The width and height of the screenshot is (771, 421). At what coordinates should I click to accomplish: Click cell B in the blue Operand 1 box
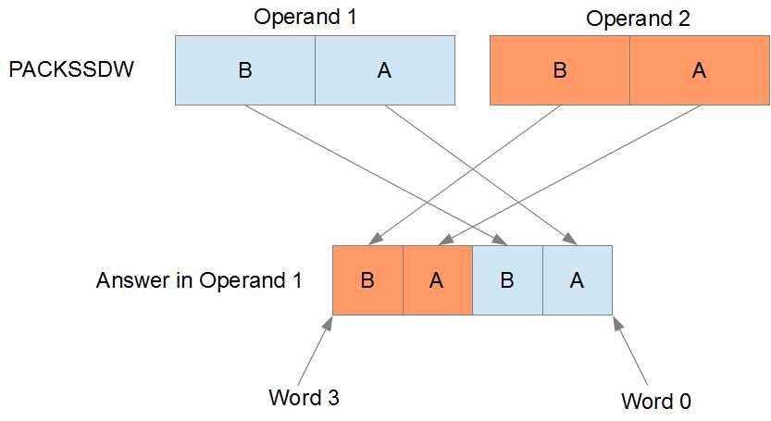245,70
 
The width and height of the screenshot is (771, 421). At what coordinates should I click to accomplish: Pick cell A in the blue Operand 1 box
384,70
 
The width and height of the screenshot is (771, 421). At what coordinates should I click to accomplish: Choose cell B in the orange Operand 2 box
559,70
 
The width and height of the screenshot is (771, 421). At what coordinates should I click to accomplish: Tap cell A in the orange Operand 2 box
699,70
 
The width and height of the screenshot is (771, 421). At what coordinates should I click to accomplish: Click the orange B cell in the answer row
367,280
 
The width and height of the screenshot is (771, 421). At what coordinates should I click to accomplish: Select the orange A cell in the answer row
437,280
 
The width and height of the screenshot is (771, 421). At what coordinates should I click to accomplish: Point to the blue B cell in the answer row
506,280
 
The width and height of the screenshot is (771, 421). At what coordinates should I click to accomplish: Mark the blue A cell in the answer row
577,280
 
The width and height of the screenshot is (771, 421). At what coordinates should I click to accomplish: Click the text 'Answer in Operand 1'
199,280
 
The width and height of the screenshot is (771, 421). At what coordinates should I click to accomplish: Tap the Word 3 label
304,398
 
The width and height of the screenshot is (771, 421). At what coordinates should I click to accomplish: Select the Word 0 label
656,401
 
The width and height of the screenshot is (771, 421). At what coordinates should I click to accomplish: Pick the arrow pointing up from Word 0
628,352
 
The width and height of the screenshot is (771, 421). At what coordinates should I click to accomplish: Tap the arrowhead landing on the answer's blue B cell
503,241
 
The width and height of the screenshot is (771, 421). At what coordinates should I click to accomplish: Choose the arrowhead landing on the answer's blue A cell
572,241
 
